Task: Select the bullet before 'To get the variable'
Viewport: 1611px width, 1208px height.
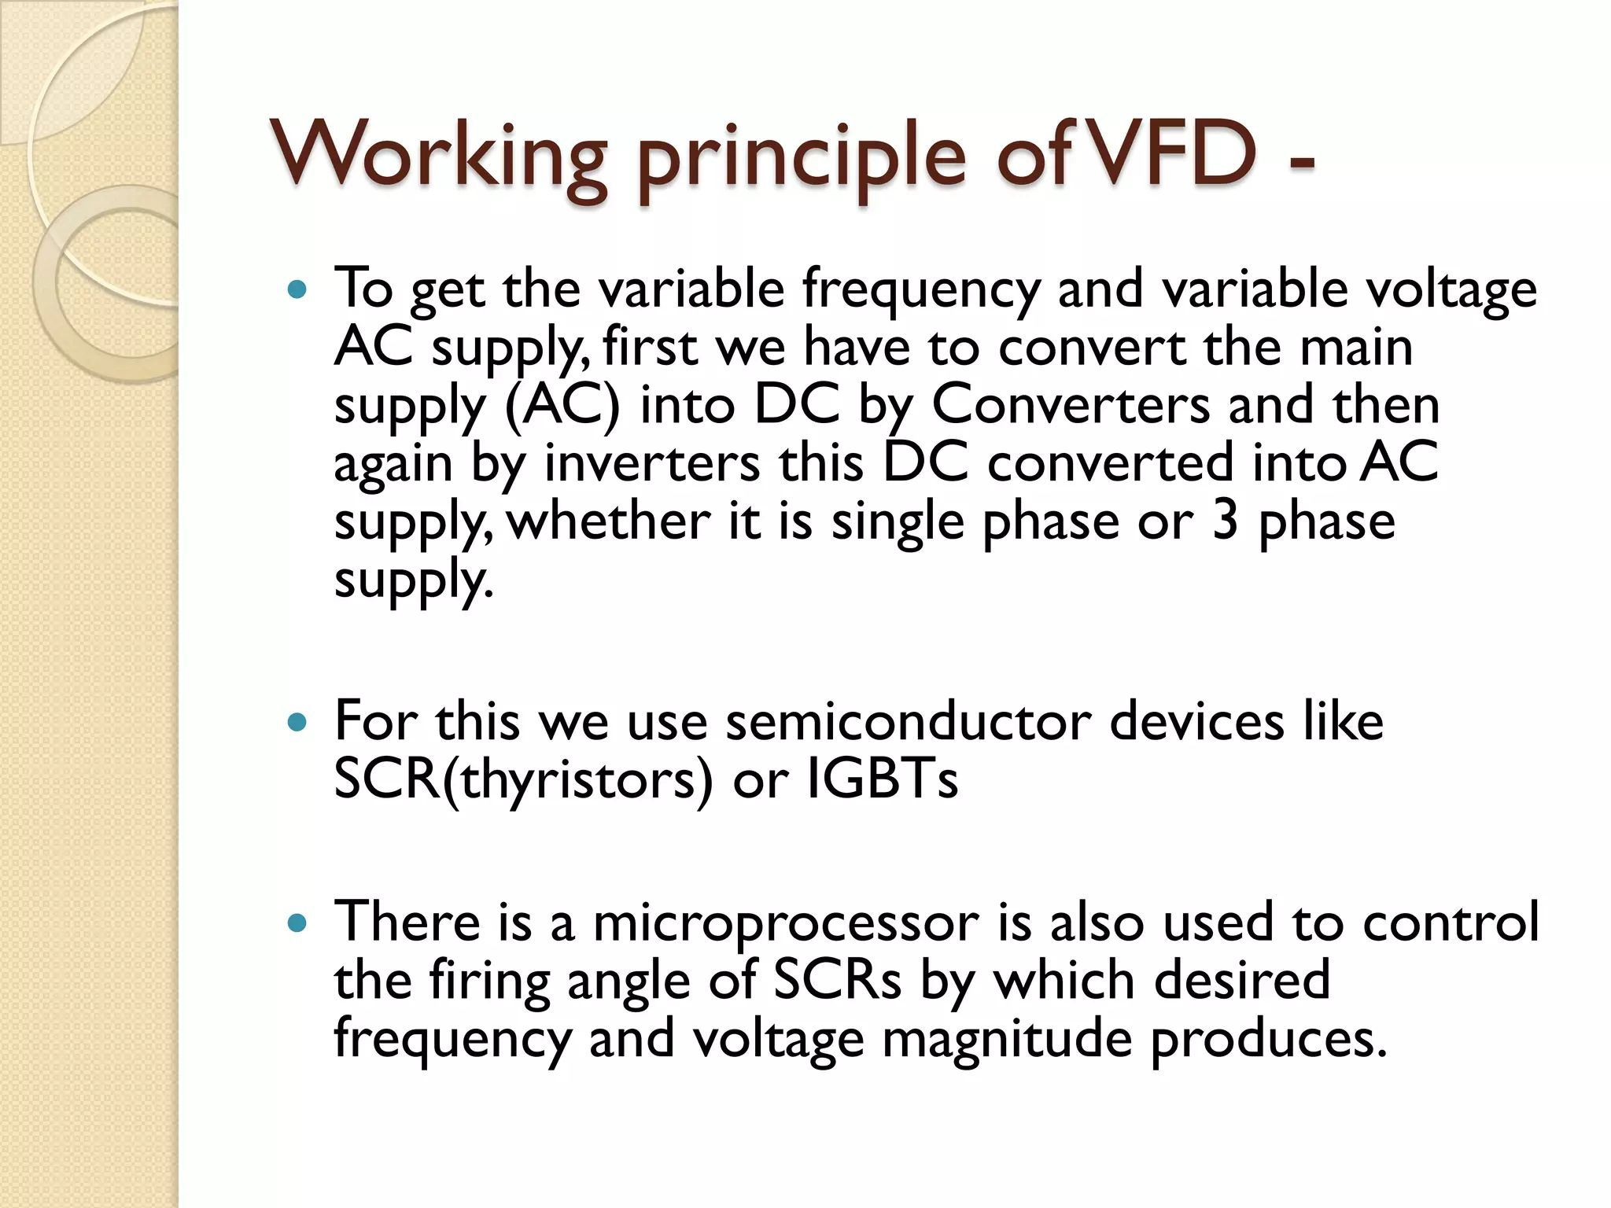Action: point(297,290)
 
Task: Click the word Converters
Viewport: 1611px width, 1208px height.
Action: point(1071,406)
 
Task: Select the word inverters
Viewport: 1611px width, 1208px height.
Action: point(652,463)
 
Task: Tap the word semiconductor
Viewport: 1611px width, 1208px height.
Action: point(908,722)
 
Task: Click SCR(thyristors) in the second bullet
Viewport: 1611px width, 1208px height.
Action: point(523,780)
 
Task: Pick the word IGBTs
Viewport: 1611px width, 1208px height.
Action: point(883,780)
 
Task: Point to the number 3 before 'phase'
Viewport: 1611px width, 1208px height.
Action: point(1226,521)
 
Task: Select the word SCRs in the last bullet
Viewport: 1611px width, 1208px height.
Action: point(837,981)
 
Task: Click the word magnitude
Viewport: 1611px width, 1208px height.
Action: point(1007,1039)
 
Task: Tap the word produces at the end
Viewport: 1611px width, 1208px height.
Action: point(1268,1039)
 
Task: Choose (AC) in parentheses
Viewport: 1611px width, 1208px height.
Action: point(562,406)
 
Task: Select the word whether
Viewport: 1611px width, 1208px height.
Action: point(609,521)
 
